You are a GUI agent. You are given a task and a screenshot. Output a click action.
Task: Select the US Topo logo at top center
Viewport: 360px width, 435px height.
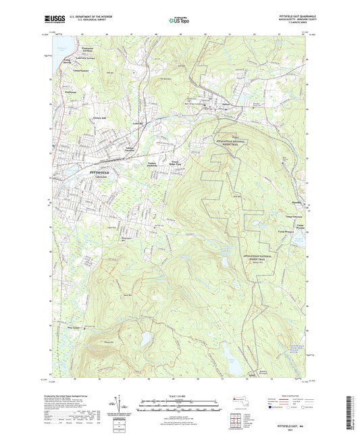tap(179, 20)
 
